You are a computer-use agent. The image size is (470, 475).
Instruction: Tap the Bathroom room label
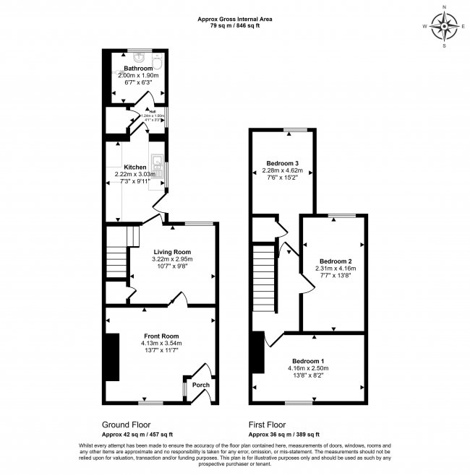(x=137, y=69)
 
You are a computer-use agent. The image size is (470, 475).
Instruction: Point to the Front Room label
(x=161, y=336)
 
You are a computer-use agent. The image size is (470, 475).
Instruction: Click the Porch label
(x=200, y=385)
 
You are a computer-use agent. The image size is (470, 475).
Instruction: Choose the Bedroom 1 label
(x=308, y=361)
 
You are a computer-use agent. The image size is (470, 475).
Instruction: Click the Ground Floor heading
(x=127, y=425)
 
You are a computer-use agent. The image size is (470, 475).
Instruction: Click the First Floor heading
(x=268, y=425)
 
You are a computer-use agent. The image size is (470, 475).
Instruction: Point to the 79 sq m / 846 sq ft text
(x=235, y=26)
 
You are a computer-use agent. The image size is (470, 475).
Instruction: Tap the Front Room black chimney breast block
(x=112, y=357)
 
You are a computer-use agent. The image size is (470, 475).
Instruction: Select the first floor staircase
(x=265, y=279)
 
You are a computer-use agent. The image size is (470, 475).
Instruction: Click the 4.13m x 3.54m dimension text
(x=161, y=344)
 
